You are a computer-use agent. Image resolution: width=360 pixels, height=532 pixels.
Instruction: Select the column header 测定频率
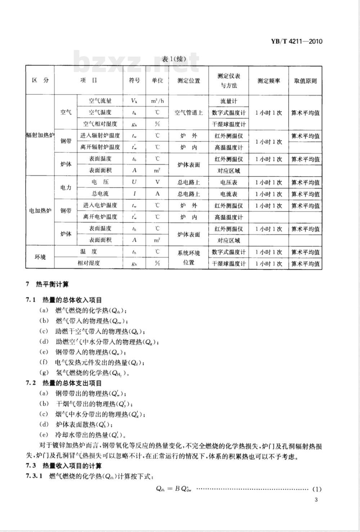(268, 81)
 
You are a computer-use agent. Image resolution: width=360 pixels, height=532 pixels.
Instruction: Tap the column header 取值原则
(305, 81)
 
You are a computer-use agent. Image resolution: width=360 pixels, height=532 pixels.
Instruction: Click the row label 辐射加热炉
(40, 136)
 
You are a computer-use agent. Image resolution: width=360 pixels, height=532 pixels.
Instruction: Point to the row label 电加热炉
(40, 211)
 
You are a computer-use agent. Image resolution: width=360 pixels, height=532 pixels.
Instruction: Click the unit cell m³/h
(157, 101)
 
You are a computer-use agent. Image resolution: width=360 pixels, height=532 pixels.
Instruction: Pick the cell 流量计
(229, 101)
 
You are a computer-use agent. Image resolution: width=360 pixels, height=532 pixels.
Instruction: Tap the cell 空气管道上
(189, 113)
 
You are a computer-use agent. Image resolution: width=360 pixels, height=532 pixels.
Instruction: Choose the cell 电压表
(229, 183)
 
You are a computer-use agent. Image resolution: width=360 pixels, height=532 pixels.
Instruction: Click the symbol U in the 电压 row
(134, 182)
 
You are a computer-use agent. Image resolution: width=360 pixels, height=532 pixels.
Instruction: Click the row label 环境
(40, 257)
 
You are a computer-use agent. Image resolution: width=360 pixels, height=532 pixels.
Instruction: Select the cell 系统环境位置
(189, 258)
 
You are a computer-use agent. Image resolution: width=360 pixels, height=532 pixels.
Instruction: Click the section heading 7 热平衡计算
(47, 285)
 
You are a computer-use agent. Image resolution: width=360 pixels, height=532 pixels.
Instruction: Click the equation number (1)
(316, 489)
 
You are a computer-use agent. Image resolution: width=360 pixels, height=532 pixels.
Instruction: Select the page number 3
(316, 500)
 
